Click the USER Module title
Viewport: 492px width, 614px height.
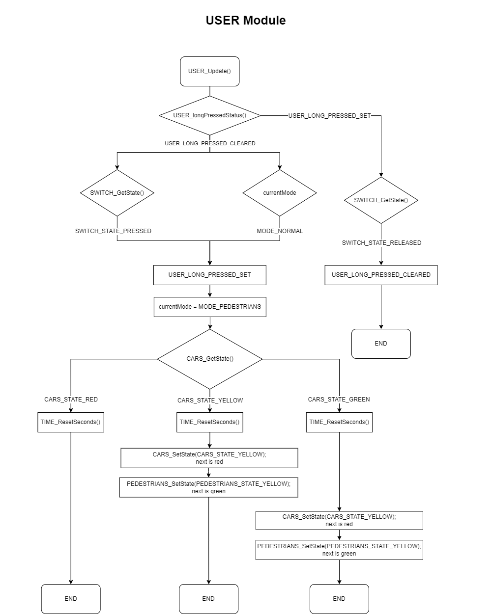pos(245,20)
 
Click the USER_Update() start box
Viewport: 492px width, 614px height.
pos(209,71)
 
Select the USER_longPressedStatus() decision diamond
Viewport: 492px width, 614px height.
pos(209,115)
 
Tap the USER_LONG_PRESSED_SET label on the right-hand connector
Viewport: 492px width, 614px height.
pos(329,115)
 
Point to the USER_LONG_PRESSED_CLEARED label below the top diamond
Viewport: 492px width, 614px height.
pos(210,143)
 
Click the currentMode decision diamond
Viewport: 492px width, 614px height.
pos(280,192)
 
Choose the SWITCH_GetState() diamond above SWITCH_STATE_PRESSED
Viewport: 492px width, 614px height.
pos(117,192)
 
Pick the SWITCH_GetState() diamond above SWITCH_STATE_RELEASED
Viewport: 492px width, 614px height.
pos(381,200)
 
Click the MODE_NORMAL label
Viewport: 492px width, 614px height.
pos(280,231)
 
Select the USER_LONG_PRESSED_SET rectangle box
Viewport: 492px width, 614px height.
pos(209,275)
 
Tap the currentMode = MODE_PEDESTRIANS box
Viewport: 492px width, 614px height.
pos(209,307)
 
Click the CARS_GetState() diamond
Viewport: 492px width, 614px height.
pos(210,359)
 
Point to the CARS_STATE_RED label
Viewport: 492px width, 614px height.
pos(71,399)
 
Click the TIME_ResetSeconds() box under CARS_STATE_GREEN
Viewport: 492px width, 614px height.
pos(339,422)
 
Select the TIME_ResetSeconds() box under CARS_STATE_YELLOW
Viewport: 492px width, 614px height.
pos(209,422)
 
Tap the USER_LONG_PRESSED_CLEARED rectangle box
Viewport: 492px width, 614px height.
pos(381,275)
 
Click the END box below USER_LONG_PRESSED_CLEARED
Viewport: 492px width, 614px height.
pos(381,344)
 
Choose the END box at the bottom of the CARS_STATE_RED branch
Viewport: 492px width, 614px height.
pos(71,598)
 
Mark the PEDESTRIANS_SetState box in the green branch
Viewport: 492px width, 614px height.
pos(339,550)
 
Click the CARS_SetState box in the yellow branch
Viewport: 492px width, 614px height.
pos(209,458)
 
